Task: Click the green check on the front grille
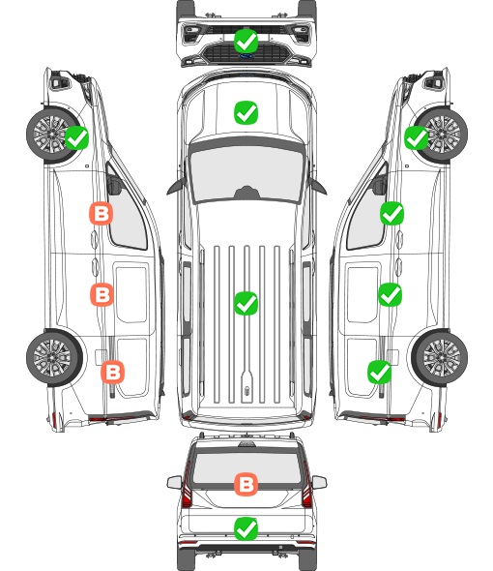(246, 41)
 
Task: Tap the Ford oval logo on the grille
(246, 56)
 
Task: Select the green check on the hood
(246, 112)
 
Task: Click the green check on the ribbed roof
(246, 303)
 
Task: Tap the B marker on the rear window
(246, 484)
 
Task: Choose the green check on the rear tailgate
(246, 528)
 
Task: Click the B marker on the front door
(101, 213)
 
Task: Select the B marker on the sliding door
(101, 294)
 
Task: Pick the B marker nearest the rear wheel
(112, 373)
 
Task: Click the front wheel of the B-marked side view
(51, 135)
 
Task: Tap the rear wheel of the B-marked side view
(54, 358)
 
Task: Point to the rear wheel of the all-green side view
(440, 358)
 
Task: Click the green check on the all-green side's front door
(391, 213)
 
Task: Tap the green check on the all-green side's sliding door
(391, 294)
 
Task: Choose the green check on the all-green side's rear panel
(380, 372)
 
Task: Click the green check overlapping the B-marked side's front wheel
(76, 137)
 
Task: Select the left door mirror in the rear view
(174, 482)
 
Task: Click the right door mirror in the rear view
(319, 482)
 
